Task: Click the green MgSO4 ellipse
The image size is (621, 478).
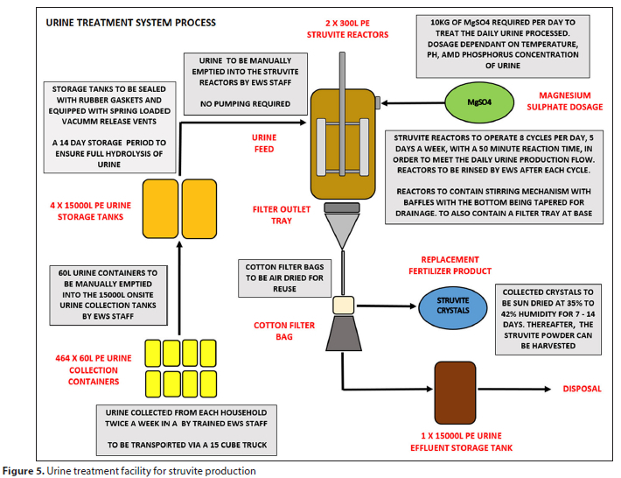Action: [x=479, y=102]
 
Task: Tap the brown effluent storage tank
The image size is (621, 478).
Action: [x=455, y=393]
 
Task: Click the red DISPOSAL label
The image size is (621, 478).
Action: [x=582, y=389]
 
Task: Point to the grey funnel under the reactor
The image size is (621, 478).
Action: [x=342, y=231]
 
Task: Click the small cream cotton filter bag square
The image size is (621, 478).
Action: [x=344, y=306]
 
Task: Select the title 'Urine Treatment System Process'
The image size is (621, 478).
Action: [x=130, y=23]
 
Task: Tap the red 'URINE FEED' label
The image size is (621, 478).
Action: [x=264, y=143]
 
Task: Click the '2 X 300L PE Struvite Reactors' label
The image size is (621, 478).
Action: [x=347, y=29]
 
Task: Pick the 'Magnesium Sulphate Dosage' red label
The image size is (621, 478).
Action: [x=564, y=101]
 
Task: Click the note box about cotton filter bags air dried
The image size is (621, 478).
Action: [x=284, y=278]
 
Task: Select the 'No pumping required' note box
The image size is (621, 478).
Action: [x=246, y=84]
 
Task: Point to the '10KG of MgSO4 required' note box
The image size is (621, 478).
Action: [x=503, y=46]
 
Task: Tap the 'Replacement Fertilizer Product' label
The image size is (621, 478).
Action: [x=450, y=265]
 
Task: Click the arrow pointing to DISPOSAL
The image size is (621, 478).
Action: [x=514, y=390]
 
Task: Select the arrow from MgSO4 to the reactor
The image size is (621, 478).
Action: [x=413, y=103]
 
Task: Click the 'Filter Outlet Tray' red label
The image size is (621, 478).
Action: [x=281, y=214]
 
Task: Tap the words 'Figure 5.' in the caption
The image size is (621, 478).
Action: [x=24, y=471]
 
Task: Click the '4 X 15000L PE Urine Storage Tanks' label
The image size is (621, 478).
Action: [x=90, y=211]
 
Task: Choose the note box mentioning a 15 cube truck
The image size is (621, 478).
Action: [x=186, y=430]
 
